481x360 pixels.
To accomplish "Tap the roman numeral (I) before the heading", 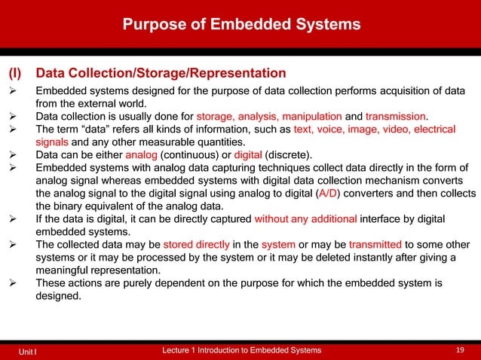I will [16, 74].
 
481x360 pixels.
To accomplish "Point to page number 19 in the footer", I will [461, 350].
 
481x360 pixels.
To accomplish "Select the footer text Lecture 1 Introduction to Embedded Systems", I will [242, 350].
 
